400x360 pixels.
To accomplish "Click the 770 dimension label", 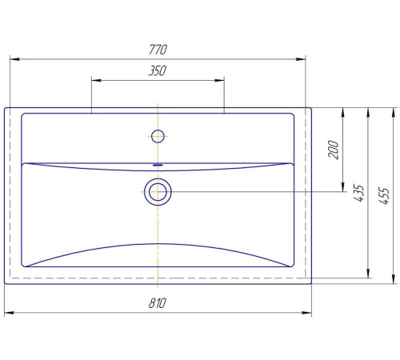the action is click(158, 50).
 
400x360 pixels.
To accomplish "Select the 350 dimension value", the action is click(158, 71).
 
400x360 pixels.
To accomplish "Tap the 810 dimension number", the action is click(158, 303).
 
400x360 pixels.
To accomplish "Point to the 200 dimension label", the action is click(333, 150).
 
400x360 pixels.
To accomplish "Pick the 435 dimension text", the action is click(358, 193).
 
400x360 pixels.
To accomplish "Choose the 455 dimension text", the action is click(384, 196).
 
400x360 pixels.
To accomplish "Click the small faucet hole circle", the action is click(158, 136).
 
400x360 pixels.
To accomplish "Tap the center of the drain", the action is click(158, 192).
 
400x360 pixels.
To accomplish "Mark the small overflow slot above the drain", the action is click(158, 165).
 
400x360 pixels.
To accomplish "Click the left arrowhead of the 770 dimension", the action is click(14, 59).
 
